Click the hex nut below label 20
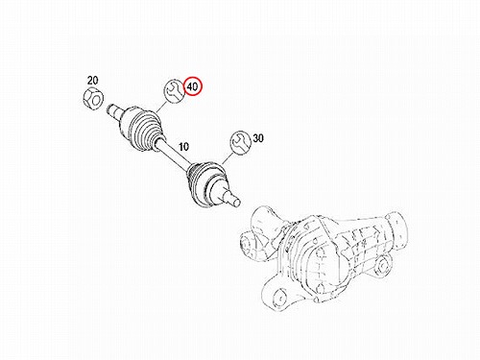pos(92,98)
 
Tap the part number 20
pos(92,81)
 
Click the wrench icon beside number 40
pos(175,90)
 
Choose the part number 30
pos(258,138)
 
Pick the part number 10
pos(183,147)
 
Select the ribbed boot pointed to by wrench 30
pos(207,183)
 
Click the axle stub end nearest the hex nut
pos(112,110)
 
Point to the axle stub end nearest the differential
pos(232,198)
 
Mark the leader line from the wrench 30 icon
pos(227,158)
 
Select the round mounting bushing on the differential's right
pos(382,266)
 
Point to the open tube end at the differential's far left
pos(247,242)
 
